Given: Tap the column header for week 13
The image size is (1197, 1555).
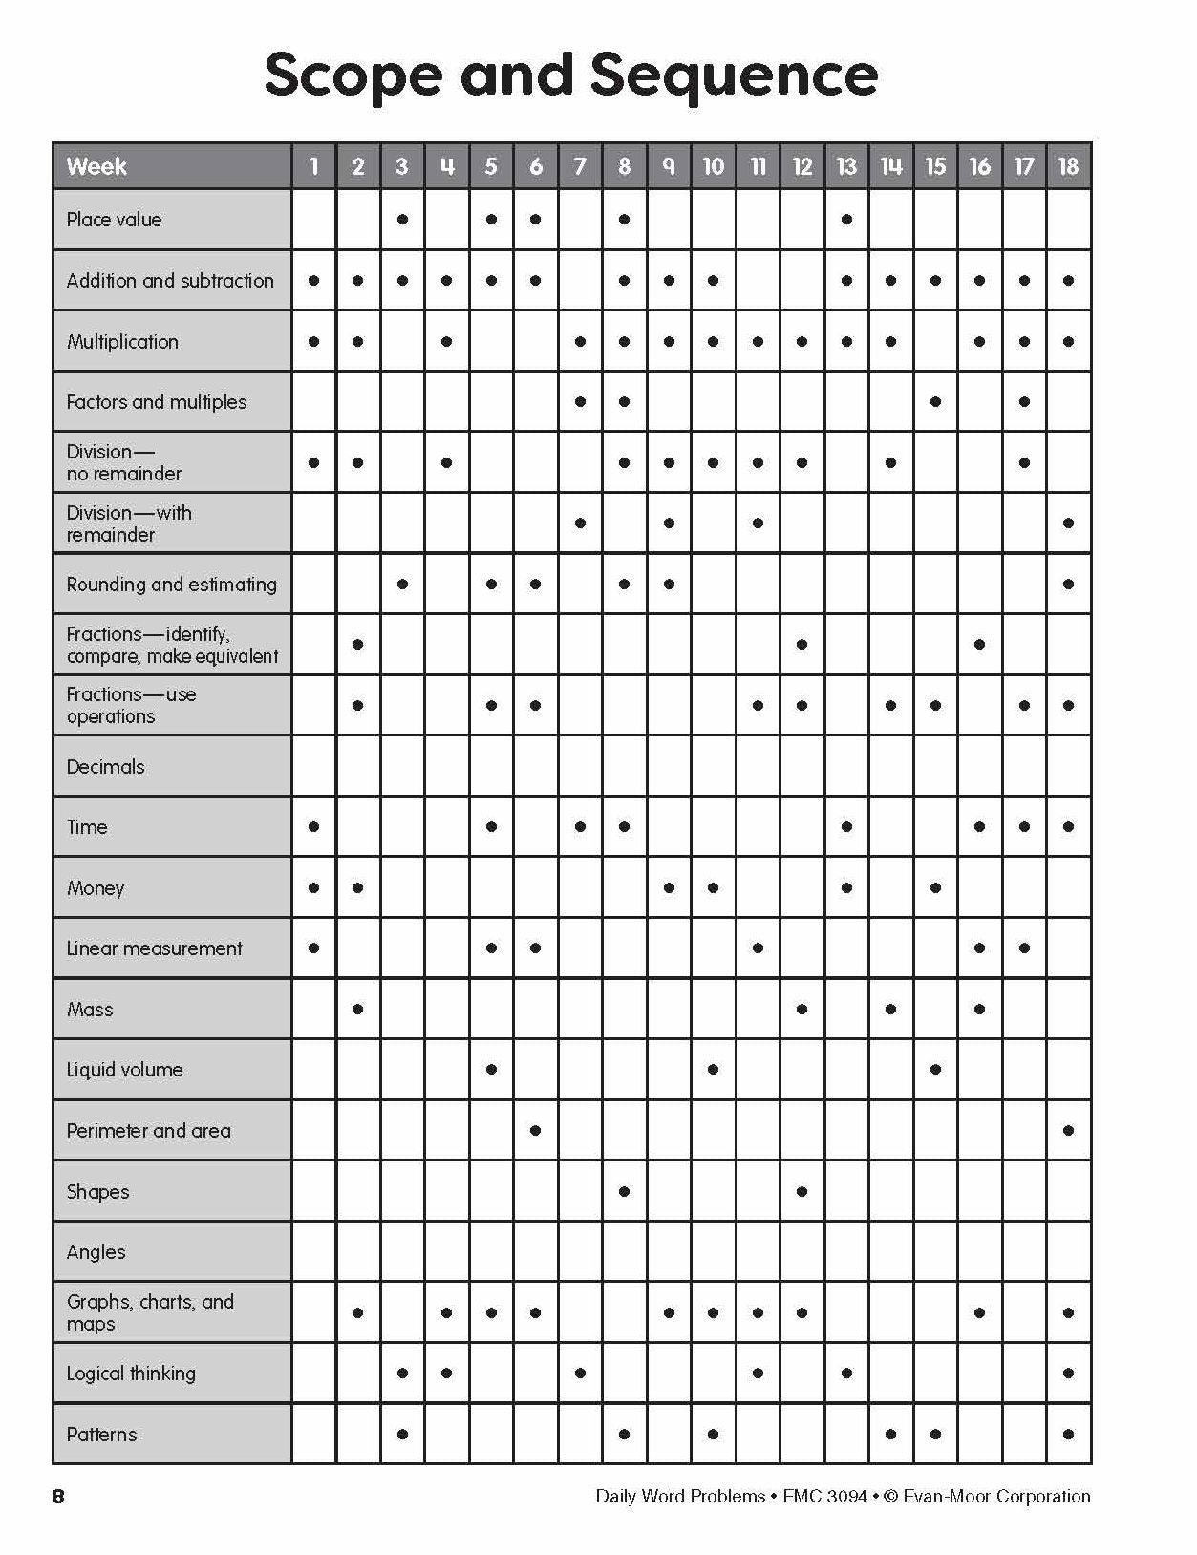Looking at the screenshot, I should [x=846, y=166].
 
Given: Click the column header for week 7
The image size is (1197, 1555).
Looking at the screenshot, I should [x=580, y=166].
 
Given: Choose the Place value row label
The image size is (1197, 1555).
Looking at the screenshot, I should [x=114, y=220].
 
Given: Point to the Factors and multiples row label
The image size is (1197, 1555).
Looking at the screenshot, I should [x=157, y=402].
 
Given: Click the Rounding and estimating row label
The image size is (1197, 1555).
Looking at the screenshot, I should [x=171, y=584].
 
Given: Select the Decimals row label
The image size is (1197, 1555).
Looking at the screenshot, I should [x=105, y=766].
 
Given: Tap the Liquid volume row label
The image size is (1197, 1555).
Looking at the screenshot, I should [x=124, y=1070].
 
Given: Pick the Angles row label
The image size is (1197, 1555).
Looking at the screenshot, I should [x=96, y=1252].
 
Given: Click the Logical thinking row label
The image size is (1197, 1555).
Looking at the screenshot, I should [x=131, y=1374].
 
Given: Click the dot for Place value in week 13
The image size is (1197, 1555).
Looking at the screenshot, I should [x=846, y=220].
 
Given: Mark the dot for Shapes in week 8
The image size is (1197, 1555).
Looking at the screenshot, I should [x=624, y=1191].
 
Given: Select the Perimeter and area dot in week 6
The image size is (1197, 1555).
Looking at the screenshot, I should [x=535, y=1130].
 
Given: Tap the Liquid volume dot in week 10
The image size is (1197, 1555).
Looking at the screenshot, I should [x=713, y=1070].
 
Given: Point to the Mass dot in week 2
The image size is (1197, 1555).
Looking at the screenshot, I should [x=357, y=1009].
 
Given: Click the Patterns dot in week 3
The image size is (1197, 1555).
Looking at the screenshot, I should [x=402, y=1434].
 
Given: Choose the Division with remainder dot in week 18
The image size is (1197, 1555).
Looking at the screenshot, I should [x=1068, y=523].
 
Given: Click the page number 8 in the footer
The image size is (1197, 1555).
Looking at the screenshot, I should [x=58, y=1497].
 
